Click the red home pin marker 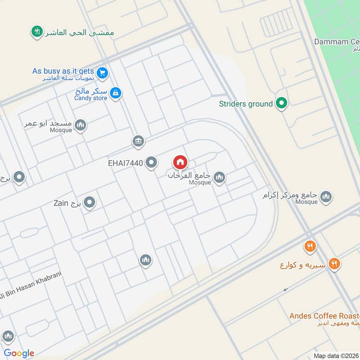(x=180, y=162)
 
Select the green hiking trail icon (x=36, y=31)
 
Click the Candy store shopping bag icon (x=116, y=93)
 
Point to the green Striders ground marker (x=282, y=104)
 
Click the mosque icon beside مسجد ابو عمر (x=81, y=125)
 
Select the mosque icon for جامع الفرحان (x=219, y=178)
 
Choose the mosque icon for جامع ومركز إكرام (x=326, y=197)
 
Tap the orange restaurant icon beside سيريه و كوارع (x=334, y=264)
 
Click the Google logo (x=19, y=353)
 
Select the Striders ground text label (x=246, y=104)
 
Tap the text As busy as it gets (x=63, y=71)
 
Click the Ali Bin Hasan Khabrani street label (x=31, y=285)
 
